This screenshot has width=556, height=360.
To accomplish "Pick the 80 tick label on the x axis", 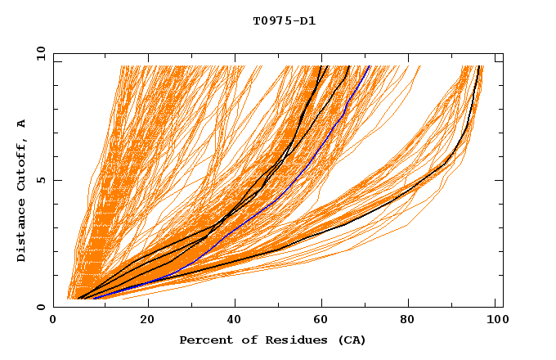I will [x=410, y=320].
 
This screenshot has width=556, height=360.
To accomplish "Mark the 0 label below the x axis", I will [x=54, y=320].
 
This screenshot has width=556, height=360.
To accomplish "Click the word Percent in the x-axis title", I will [x=205, y=340].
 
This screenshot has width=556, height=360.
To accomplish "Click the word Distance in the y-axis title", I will [x=21, y=232].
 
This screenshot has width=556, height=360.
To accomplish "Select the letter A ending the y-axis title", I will [x=21, y=123].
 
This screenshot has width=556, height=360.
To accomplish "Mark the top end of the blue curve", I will [x=369, y=66].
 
